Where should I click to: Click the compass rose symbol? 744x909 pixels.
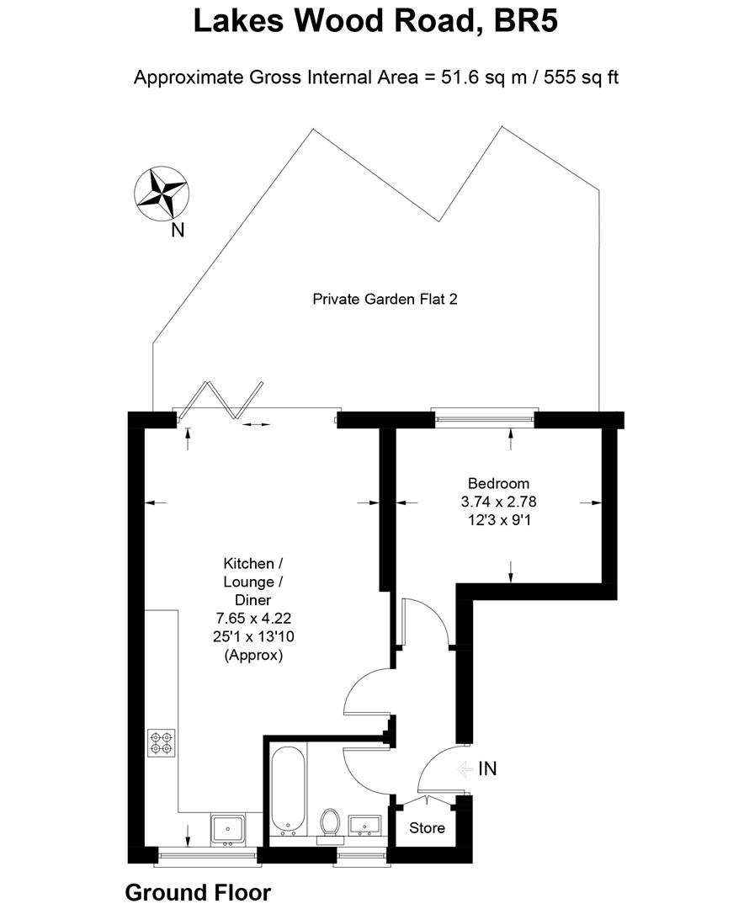click(161, 192)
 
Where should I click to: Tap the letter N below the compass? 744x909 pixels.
click(178, 230)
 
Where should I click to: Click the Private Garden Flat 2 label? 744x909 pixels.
click(385, 299)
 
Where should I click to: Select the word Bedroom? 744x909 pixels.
click(498, 483)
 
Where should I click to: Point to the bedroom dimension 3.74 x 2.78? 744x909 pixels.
click(498, 502)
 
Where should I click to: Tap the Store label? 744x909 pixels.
click(427, 828)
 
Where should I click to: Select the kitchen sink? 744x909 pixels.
click(227, 829)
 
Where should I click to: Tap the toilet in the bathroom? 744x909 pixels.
click(330, 822)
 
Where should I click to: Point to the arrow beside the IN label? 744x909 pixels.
click(464, 768)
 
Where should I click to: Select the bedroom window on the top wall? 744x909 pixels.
click(483, 413)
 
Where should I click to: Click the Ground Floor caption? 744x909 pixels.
click(198, 892)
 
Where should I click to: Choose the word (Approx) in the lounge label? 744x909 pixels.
click(253, 655)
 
